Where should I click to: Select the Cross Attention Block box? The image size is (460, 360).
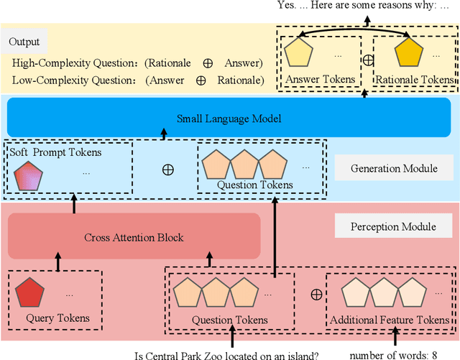tap(134, 237)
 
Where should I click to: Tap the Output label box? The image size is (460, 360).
tap(24, 42)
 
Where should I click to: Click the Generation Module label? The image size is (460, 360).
tap(393, 169)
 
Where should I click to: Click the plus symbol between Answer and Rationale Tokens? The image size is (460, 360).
tap(367, 60)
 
